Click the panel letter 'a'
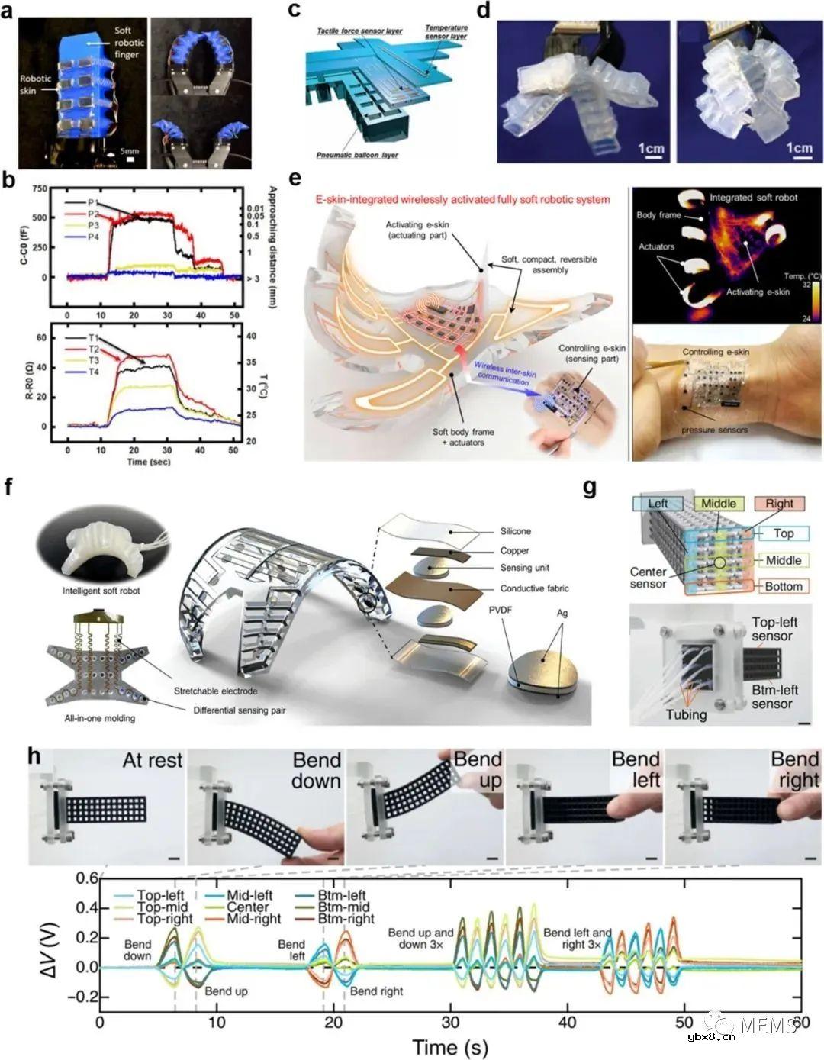click(x=9, y=11)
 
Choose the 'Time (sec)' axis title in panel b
click(x=148, y=462)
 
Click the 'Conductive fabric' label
click(x=535, y=588)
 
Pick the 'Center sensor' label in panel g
click(x=649, y=578)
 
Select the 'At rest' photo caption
click(x=153, y=760)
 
